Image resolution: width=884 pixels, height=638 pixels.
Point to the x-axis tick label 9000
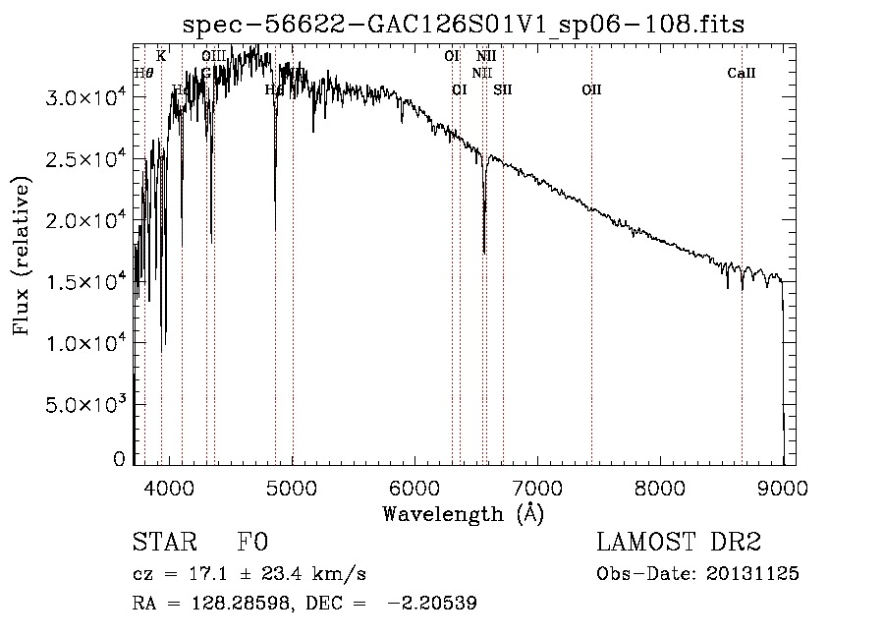click(783, 487)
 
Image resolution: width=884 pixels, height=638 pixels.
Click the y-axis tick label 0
click(119, 459)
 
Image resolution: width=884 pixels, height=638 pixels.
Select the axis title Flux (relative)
click(22, 256)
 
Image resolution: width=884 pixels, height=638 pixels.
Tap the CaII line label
click(742, 73)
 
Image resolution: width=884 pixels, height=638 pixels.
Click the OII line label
click(591, 90)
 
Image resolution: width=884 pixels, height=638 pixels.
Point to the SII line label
click(503, 90)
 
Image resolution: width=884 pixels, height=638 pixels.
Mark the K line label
click(161, 56)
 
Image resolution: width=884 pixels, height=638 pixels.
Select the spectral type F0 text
click(252, 543)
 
